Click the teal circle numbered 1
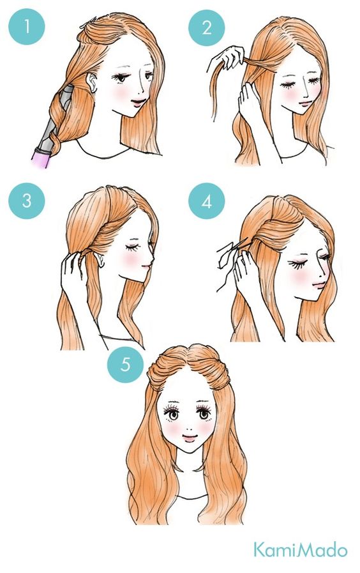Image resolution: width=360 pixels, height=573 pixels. pos(27,27)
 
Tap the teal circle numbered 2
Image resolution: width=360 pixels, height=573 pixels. pos(207,27)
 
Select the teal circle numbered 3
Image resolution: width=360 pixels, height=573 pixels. pos(27,201)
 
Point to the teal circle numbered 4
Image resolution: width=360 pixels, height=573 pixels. pos(207,201)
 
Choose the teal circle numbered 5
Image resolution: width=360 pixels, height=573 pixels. pos(125,364)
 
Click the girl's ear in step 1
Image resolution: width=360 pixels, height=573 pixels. pos(93,83)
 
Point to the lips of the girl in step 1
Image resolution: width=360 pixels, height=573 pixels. pos(138,102)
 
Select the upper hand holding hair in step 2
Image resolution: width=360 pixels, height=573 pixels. pos(229,57)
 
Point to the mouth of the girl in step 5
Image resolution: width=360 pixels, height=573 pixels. pos(189,437)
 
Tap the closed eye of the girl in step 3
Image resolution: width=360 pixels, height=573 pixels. pos(130,248)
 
